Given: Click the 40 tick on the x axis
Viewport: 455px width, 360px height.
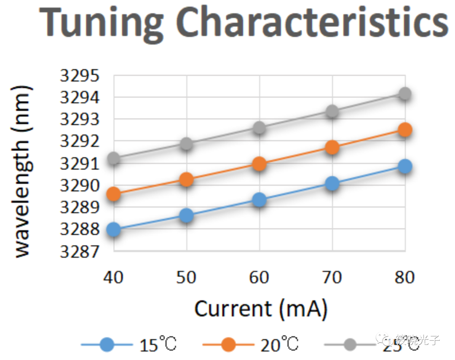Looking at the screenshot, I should (114, 278).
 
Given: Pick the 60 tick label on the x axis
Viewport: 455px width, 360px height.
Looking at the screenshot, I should (260, 278).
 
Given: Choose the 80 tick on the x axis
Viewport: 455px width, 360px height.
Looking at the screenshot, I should (405, 278).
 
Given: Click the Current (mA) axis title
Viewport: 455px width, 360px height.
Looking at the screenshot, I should (261, 309).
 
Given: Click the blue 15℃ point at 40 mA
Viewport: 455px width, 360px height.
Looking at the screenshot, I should (114, 230).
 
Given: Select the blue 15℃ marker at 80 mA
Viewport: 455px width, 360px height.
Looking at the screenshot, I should (405, 167).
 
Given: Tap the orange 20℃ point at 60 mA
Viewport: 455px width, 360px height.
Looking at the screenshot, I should (260, 164).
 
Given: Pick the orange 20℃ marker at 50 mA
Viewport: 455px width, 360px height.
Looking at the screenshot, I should (187, 180).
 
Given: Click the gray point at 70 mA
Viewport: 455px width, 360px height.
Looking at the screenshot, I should (332, 111).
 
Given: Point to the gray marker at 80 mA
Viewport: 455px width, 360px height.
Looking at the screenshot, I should (405, 94).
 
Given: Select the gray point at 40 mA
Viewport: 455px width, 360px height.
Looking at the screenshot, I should (114, 159).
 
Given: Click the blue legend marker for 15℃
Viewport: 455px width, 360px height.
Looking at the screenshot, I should (107, 345).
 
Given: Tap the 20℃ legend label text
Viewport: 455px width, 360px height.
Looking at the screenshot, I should (279, 345).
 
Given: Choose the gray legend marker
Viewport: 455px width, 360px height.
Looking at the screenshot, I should (351, 345).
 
